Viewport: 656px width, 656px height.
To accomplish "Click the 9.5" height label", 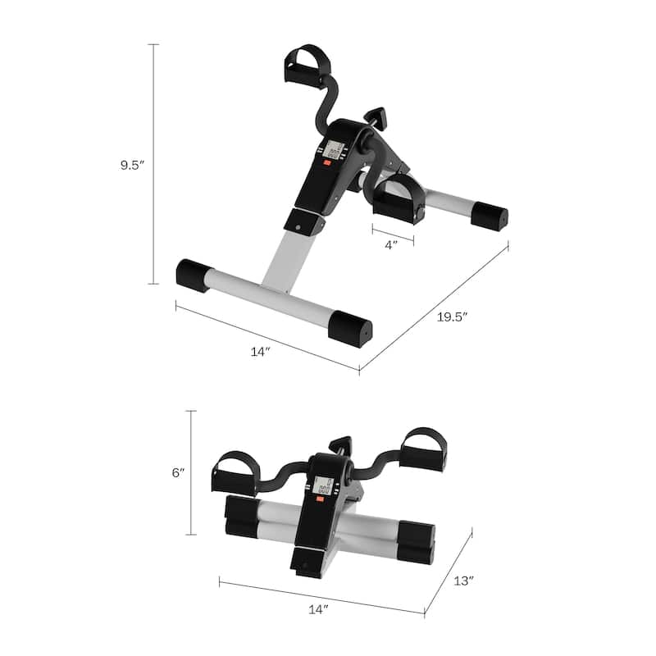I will (x=131, y=164).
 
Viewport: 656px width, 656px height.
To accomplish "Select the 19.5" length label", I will (x=450, y=317).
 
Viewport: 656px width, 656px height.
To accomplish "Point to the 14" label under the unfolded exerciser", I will (x=261, y=351).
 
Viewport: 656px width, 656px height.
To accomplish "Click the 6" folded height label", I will (x=178, y=472).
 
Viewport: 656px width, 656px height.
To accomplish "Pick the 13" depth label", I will (x=463, y=581).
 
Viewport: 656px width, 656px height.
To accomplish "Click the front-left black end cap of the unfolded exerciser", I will (x=195, y=276).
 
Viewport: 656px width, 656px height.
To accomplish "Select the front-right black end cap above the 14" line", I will (x=351, y=328).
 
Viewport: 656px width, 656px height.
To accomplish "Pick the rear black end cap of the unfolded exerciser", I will (x=490, y=216).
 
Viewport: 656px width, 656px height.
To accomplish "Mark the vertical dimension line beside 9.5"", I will (x=153, y=164).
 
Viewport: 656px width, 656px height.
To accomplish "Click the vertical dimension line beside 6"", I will (x=192, y=472).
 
